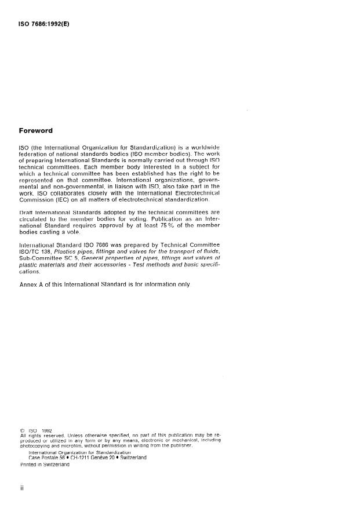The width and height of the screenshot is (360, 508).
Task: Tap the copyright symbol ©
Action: pos(23,431)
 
